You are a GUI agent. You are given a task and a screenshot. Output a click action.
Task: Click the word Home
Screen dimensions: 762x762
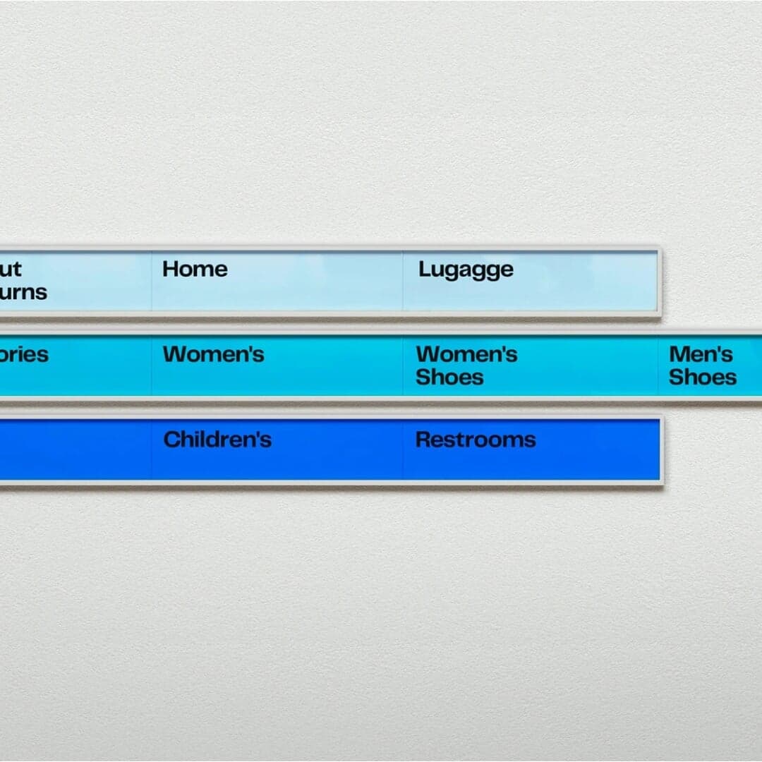tap(195, 269)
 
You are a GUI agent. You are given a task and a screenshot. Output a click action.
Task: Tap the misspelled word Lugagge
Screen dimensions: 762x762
tap(466, 270)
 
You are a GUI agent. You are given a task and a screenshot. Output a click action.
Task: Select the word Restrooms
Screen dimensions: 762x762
tap(476, 440)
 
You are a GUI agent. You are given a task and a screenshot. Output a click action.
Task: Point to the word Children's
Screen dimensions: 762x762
tap(217, 440)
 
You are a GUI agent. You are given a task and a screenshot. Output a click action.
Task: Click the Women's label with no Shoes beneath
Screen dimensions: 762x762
tap(213, 354)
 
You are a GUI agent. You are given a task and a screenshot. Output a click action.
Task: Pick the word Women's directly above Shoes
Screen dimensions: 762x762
tap(466, 354)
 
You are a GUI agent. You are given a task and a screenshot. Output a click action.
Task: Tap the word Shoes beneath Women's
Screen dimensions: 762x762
tap(449, 377)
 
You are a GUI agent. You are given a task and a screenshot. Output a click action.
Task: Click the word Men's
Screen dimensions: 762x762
tap(701, 354)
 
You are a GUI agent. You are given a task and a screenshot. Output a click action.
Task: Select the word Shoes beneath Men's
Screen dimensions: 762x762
tap(702, 377)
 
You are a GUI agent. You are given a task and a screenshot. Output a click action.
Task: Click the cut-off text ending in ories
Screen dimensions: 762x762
tap(24, 354)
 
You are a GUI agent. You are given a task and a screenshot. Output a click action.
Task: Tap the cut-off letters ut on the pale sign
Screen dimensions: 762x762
tap(11, 269)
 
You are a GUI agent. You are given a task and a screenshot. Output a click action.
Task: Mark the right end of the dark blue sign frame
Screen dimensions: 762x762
tap(660, 450)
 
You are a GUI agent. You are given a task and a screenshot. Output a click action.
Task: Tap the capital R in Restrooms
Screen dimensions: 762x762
tap(423, 440)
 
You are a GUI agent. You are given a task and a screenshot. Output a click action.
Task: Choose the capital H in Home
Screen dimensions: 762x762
tap(170, 269)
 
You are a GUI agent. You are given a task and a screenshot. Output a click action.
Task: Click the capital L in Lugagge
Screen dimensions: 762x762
tap(424, 269)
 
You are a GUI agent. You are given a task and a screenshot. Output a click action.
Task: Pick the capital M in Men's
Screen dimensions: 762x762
tap(679, 354)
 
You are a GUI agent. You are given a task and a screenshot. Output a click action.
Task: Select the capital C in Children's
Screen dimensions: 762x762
tap(171, 440)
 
